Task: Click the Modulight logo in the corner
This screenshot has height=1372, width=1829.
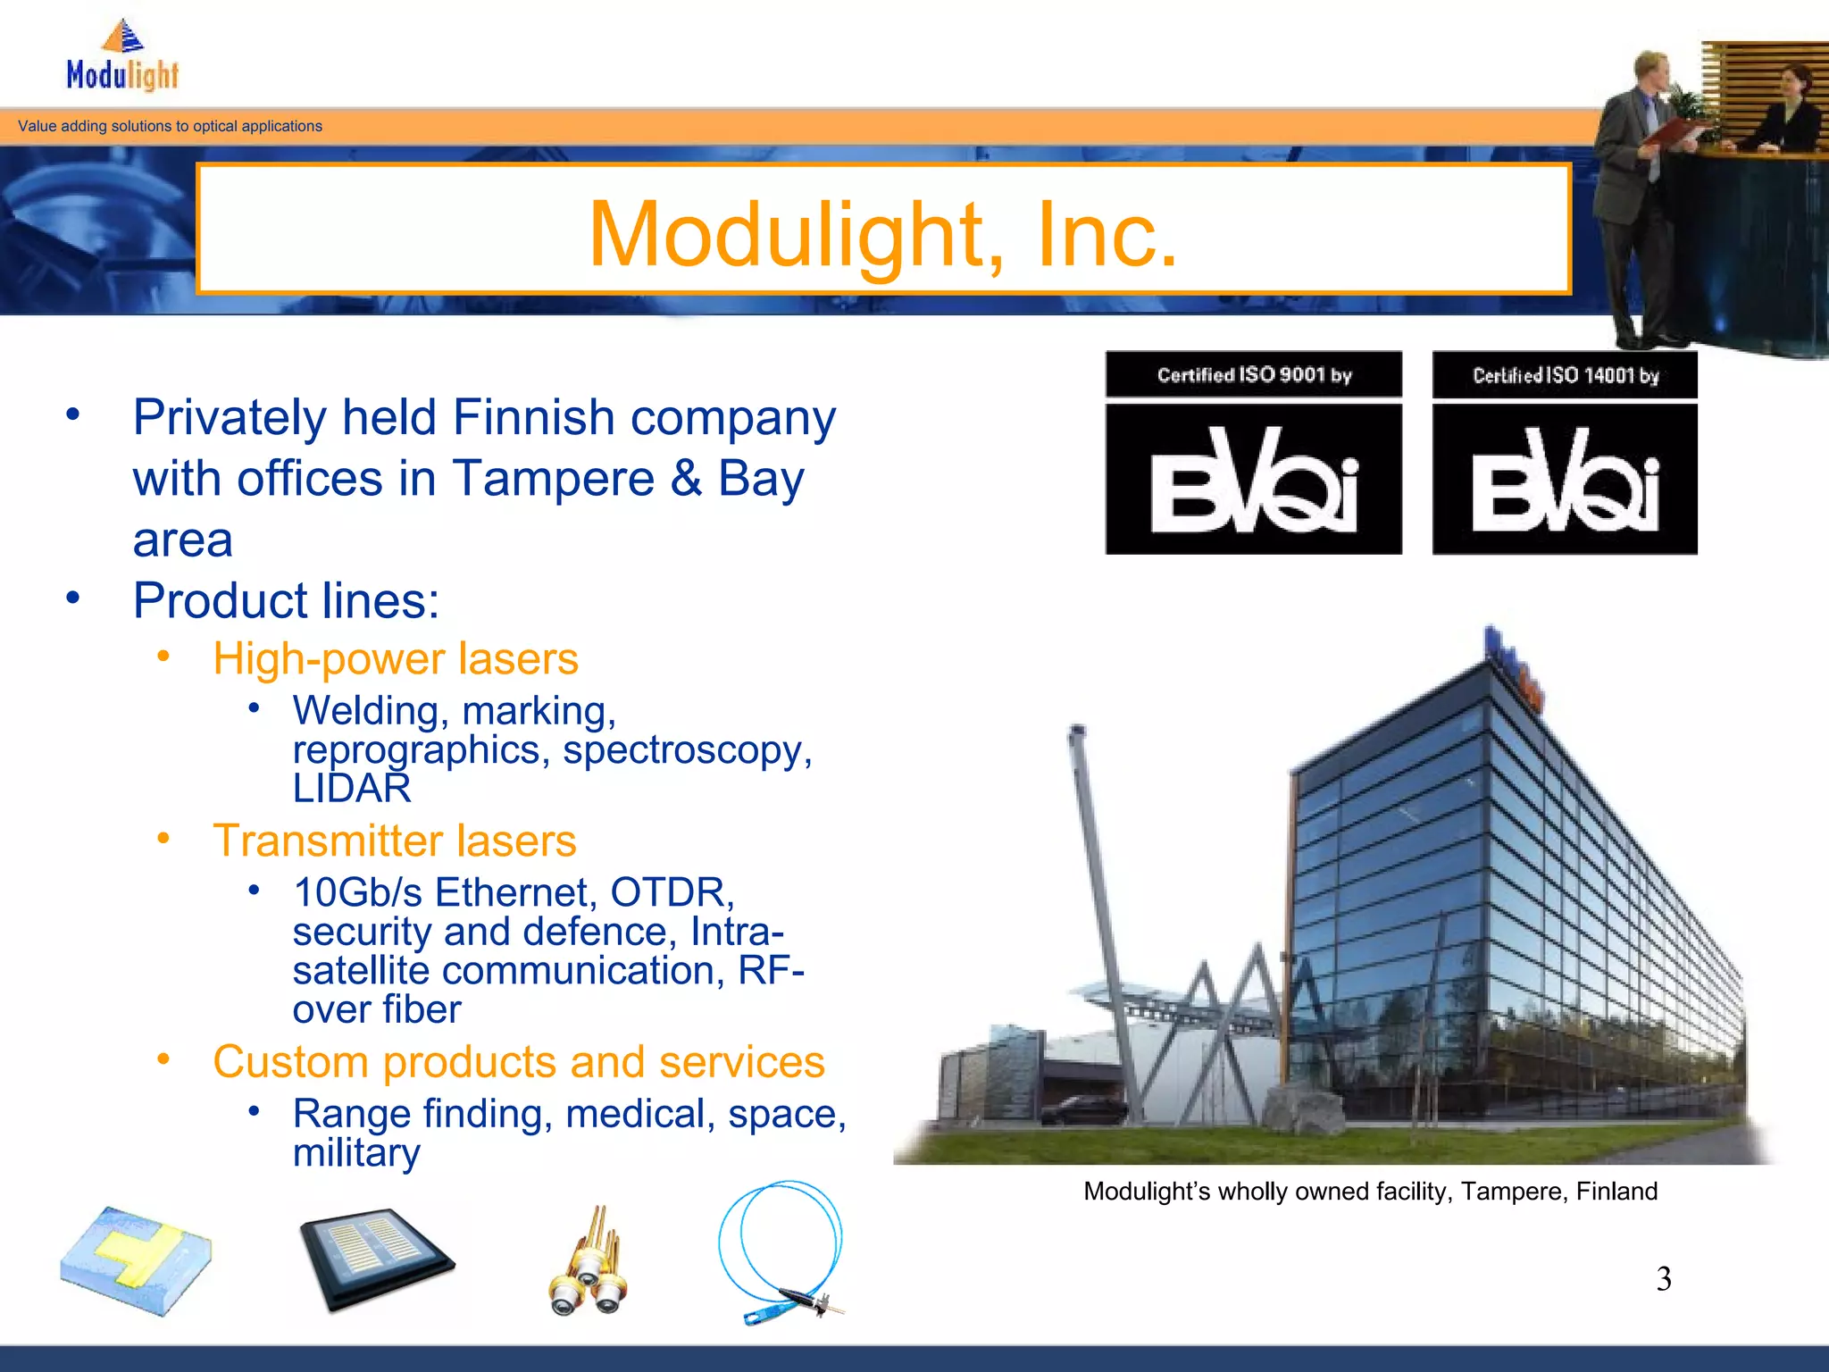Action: [123, 57]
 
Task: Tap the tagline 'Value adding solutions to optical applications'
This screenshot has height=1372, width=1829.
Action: [170, 126]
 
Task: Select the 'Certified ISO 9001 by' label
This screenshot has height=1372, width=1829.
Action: [1254, 375]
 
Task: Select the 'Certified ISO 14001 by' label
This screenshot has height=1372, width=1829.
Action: [1565, 375]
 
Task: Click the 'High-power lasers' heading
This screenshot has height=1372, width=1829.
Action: [396, 659]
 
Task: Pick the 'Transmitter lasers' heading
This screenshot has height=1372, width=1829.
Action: [394, 841]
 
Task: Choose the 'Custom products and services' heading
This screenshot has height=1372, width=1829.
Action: [518, 1062]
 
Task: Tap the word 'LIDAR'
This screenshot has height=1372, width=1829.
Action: [352, 788]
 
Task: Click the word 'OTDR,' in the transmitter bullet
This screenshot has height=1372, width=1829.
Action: [672, 892]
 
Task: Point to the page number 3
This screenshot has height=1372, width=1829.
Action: [1663, 1279]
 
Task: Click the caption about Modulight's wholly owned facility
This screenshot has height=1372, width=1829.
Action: [1370, 1192]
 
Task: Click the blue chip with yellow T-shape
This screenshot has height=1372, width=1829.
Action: [136, 1259]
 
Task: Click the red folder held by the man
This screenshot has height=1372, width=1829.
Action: [1671, 134]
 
